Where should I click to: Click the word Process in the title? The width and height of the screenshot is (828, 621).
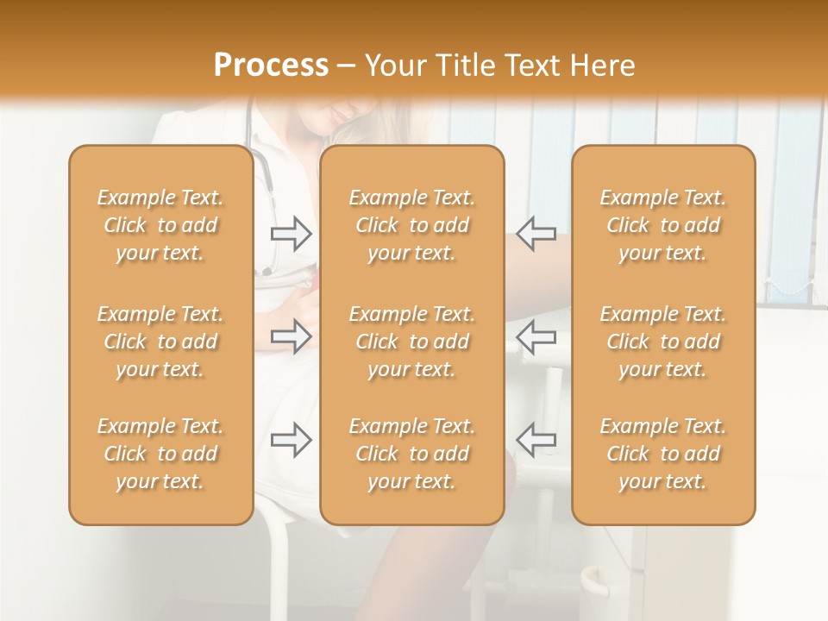[271, 66]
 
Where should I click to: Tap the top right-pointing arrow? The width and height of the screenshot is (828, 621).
[292, 234]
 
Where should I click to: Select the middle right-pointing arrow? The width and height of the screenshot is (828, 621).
[292, 336]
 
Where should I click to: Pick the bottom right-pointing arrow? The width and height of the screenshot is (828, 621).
[292, 439]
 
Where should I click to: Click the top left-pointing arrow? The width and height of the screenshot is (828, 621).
[536, 234]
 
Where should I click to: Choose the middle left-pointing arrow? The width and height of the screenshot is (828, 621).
[536, 336]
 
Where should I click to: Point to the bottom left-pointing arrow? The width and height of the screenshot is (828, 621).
[536, 439]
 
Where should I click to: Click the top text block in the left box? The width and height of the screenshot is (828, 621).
[160, 225]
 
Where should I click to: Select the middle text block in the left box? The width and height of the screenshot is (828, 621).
[160, 342]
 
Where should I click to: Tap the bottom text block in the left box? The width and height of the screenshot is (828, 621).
[160, 454]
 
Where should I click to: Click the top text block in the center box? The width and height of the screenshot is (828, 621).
[411, 225]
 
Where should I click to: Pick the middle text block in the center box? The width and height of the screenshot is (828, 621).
[411, 342]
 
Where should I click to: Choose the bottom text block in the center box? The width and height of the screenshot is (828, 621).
[411, 454]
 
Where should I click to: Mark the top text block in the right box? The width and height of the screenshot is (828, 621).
[662, 225]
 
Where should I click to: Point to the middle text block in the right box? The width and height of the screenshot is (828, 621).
[662, 342]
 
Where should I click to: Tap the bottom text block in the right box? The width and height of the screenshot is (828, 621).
[662, 454]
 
